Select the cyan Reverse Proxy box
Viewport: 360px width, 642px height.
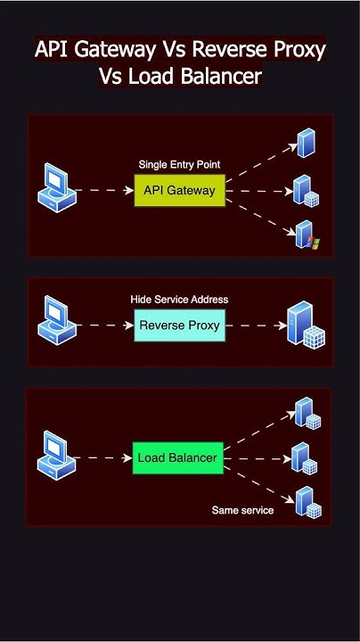(179, 325)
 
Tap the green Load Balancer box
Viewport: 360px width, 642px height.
(177, 458)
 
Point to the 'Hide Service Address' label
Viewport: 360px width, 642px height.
(179, 300)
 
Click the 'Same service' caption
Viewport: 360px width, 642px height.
(242, 510)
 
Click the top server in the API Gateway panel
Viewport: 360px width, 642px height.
(306, 143)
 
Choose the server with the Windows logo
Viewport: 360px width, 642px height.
(306, 235)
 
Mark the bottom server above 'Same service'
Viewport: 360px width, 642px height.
(307, 502)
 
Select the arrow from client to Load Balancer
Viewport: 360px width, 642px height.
(105, 458)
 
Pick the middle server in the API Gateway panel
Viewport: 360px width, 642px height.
(306, 190)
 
